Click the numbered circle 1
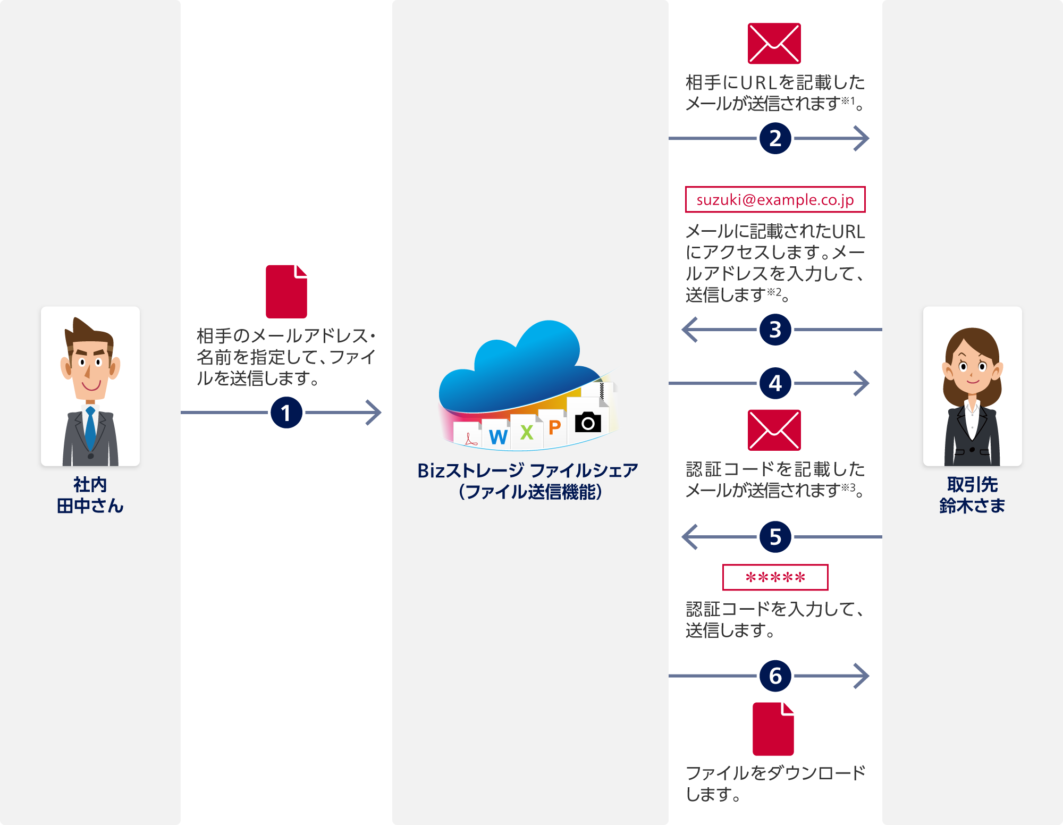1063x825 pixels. (x=286, y=412)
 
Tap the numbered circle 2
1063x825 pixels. (x=775, y=139)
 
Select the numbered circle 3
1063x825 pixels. (x=775, y=330)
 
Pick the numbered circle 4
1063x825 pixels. (x=775, y=383)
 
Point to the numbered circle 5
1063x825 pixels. (x=775, y=537)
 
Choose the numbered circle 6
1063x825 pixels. (x=775, y=676)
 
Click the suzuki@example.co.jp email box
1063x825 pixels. (x=775, y=200)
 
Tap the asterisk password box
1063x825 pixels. (x=775, y=577)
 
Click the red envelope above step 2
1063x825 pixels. (x=774, y=44)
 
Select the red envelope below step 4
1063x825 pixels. (x=774, y=430)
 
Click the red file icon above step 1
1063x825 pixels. (x=286, y=292)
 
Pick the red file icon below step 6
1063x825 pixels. (x=773, y=729)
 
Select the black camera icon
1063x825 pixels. (x=588, y=423)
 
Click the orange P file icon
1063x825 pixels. (x=554, y=427)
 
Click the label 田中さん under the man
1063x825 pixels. (x=90, y=506)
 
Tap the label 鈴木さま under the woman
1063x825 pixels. (x=972, y=506)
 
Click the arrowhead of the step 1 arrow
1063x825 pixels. (x=375, y=412)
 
